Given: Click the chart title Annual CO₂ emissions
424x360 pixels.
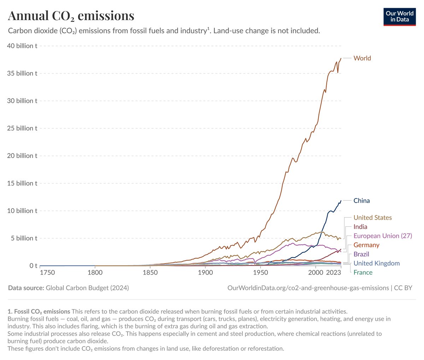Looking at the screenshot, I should pos(71,16).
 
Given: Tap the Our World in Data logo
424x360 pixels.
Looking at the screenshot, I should pos(400,16).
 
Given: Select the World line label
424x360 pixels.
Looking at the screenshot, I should pos(362,58).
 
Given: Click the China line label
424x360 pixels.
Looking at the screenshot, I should pos(361,201).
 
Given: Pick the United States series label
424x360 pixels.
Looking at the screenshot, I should pos(372,218).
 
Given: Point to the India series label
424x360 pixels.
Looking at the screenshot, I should pos(360,227).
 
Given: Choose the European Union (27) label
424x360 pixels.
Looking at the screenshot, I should pos(383,236).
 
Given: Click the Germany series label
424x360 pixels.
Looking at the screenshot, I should pos(366,245).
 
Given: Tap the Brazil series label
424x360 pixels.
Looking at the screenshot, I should pos(361,254).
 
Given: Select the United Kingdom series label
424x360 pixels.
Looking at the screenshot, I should pos(376,263).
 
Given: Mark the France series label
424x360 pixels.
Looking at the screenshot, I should pos(363,272).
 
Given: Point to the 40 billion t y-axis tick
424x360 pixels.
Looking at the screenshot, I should pos(22,46).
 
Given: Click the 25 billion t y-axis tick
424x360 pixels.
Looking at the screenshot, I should pos(22,128).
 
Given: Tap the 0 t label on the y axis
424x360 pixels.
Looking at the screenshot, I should pos(34,266).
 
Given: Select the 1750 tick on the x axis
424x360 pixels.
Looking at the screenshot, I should pos(47,273).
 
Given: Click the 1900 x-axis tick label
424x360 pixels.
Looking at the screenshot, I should pos(205,273).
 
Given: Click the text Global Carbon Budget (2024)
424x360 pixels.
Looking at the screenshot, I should pos(87,288).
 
